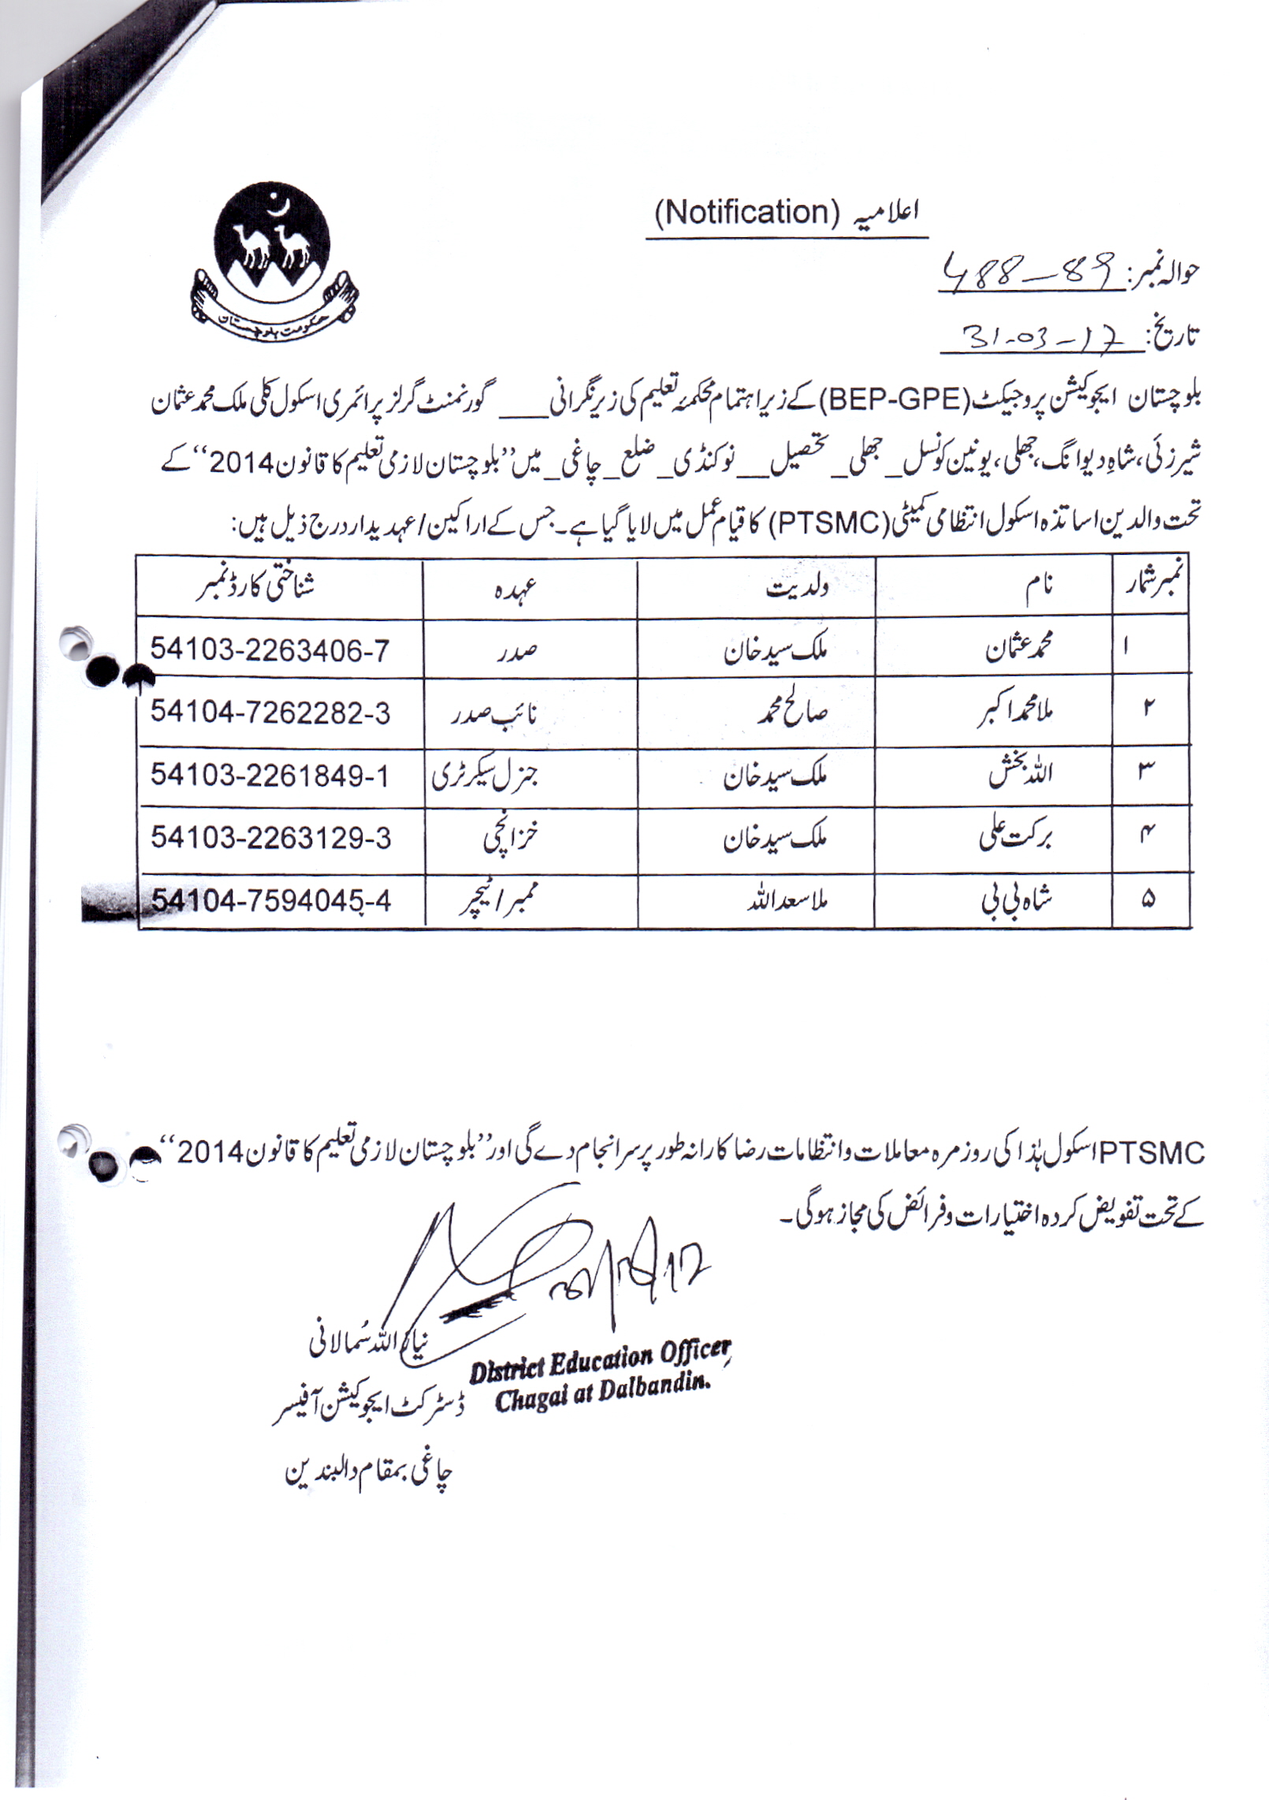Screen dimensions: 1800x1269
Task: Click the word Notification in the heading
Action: click(746, 213)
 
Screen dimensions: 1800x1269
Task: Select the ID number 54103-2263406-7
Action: click(270, 650)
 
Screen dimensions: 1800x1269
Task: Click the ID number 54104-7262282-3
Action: click(270, 712)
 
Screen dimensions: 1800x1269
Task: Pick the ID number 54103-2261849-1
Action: click(270, 775)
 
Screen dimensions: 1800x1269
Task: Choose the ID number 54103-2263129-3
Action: click(270, 838)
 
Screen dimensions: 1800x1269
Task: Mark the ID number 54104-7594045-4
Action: click(271, 900)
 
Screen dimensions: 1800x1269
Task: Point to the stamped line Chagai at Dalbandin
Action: click(603, 1396)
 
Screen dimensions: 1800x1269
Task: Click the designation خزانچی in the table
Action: click(510, 839)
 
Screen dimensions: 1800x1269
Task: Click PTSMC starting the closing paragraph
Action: click(1152, 1154)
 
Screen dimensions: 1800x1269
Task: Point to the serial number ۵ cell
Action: click(1148, 899)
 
